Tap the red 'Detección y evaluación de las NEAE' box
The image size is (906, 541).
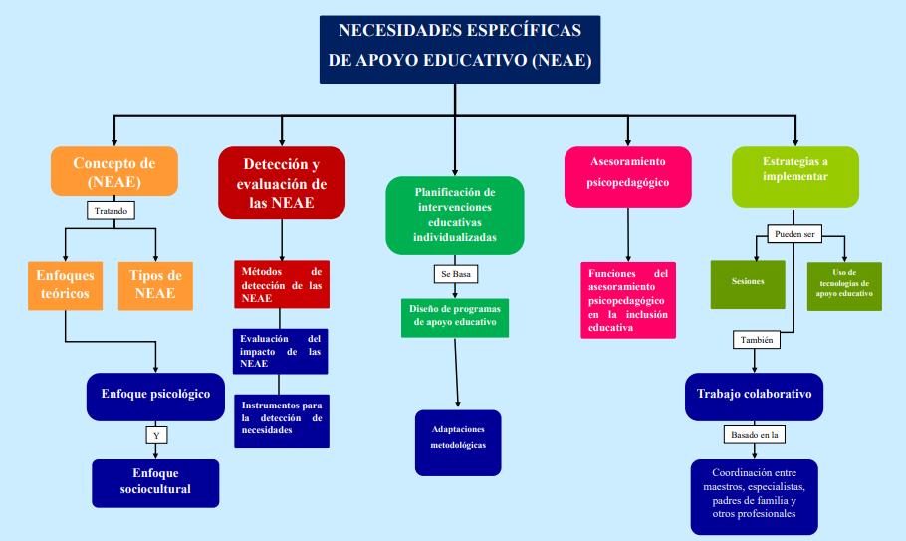pos(282,182)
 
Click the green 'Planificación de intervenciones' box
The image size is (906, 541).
pos(454,214)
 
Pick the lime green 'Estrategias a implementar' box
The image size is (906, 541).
pos(794,171)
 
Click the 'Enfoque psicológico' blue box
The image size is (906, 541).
pos(155,394)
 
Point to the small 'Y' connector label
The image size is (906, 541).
pos(155,435)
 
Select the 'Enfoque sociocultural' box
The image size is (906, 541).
pos(155,482)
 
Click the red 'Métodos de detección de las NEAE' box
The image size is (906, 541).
pos(281,285)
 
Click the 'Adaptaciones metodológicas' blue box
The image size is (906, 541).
pos(458,442)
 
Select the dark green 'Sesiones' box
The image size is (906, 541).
pos(747,282)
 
